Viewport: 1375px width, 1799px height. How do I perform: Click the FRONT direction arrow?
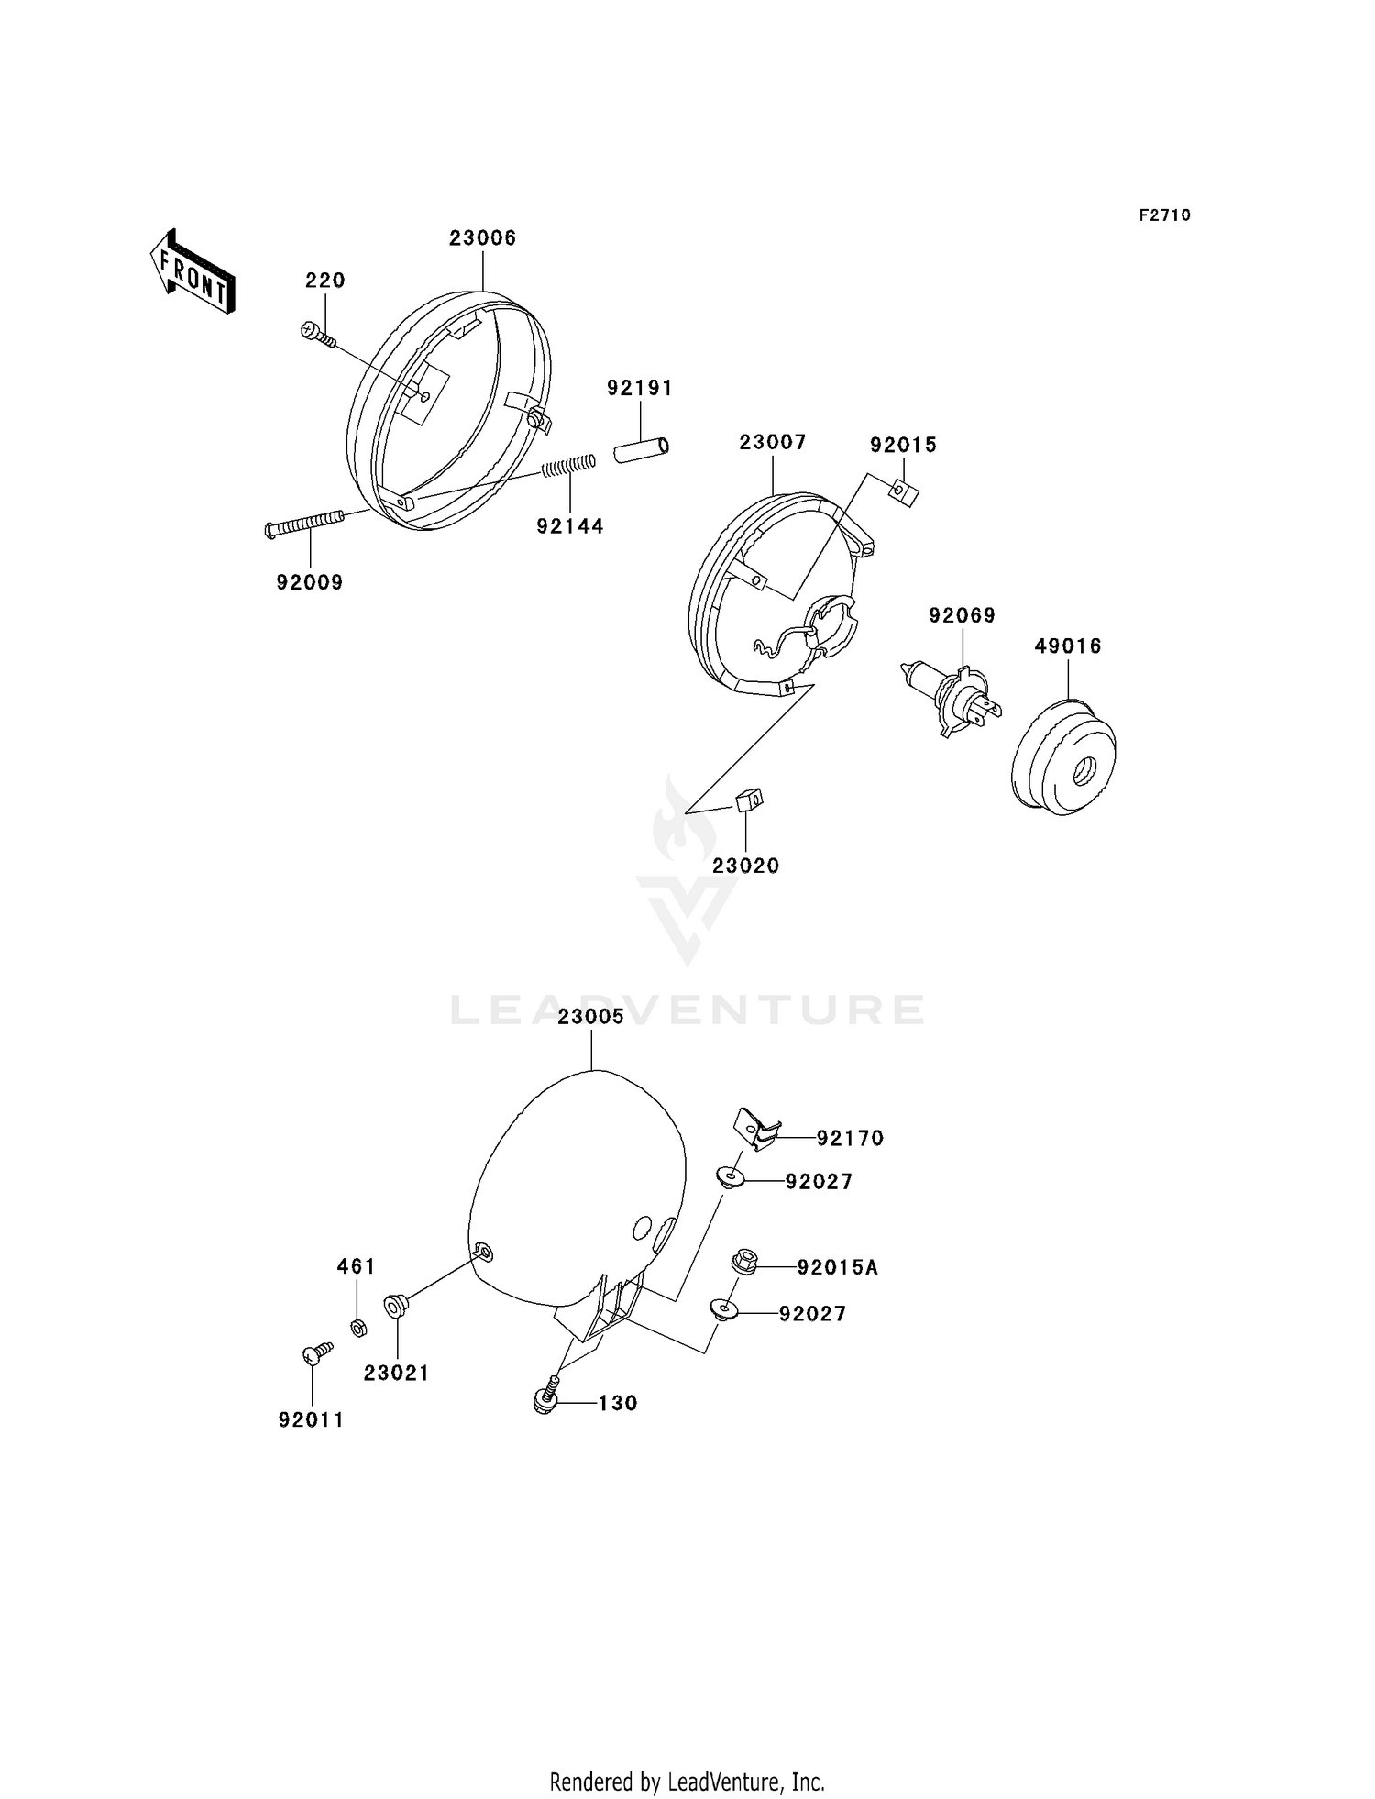coord(192,272)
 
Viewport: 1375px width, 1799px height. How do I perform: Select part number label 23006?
coord(482,238)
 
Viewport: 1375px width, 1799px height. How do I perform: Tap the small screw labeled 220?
coord(317,336)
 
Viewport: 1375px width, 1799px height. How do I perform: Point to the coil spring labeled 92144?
coord(568,467)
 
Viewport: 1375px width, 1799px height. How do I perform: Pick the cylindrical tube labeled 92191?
coord(641,450)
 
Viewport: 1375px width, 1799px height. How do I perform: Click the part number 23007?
coord(773,443)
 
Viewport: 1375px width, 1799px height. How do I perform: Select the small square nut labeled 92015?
coord(905,493)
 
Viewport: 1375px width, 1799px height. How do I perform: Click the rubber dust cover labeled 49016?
coord(1063,757)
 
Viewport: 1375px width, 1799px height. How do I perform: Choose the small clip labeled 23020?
coord(748,800)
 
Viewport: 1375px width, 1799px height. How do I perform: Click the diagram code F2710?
coord(1164,215)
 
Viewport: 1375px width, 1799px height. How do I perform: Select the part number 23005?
coord(591,1017)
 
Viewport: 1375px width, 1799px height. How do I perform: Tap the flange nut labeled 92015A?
coord(743,1263)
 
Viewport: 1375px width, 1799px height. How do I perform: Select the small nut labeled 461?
coord(359,1327)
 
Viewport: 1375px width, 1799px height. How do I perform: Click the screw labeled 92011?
coord(316,1353)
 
